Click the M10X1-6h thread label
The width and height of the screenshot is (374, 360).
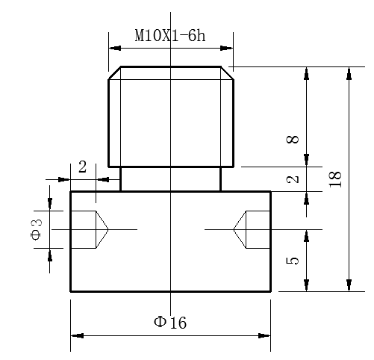click(170, 35)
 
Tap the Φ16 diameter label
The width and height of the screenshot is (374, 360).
click(170, 323)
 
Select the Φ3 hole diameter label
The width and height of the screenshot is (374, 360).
click(37, 229)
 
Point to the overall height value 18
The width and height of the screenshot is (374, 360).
click(335, 179)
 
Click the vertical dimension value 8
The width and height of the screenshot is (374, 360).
click(293, 140)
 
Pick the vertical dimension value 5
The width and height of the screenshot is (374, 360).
click(293, 261)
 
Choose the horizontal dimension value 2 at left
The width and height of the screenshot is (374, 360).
click(83, 167)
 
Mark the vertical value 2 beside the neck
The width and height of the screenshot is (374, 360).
click(293, 179)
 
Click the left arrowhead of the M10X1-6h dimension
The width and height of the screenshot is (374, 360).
click(115, 48)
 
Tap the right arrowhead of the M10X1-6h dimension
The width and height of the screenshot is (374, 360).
click(227, 48)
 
